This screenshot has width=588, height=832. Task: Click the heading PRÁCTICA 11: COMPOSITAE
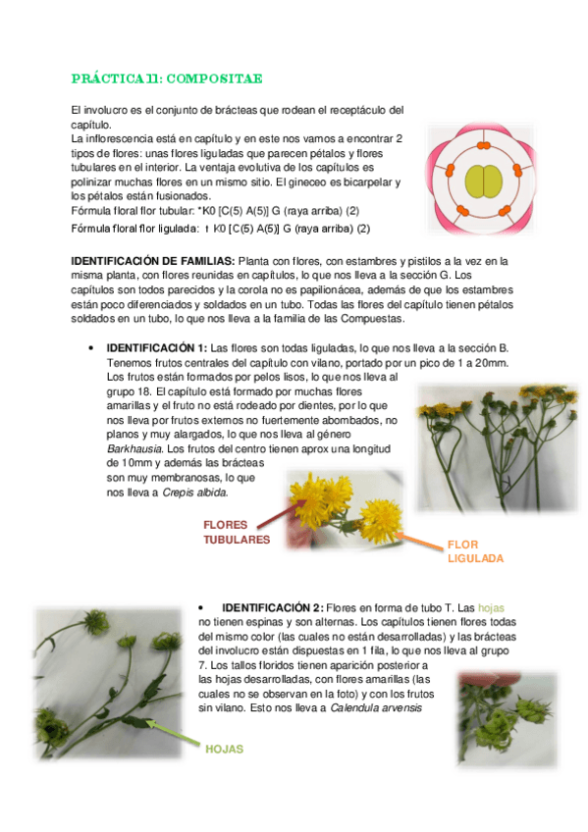167,78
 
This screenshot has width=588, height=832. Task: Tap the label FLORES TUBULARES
237,533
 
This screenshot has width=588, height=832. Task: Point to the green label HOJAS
224,749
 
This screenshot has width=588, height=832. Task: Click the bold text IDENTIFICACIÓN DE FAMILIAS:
154,261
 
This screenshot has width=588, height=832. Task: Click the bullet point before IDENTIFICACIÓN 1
90,348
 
